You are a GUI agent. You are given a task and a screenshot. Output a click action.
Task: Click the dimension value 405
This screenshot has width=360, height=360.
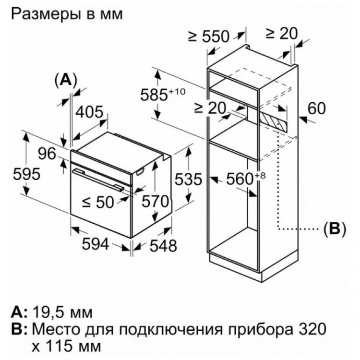[x=90, y=112]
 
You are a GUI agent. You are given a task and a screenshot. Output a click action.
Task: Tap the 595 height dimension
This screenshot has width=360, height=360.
[x=26, y=174]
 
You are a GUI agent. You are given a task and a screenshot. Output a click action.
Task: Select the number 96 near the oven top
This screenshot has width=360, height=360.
[x=47, y=154]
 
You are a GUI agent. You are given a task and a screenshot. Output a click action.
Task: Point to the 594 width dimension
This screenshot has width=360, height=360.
[x=96, y=244]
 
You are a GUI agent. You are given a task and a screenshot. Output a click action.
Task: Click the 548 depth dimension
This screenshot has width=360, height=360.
[x=163, y=246]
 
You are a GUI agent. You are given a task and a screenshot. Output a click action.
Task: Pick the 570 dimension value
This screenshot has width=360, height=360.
[x=155, y=202]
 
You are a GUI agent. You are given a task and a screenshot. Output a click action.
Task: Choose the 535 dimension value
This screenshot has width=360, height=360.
[x=189, y=179]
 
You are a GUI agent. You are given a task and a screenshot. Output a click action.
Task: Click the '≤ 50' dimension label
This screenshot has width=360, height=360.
[x=98, y=203]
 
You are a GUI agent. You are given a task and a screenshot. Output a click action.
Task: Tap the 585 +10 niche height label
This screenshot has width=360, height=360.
[x=163, y=95]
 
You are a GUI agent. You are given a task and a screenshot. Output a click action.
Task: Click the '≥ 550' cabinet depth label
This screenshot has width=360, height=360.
[x=209, y=36]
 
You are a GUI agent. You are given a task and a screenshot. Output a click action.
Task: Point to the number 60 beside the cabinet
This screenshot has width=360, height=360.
[x=317, y=108]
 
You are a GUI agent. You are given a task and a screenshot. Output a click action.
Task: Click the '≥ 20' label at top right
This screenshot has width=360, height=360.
[x=281, y=34]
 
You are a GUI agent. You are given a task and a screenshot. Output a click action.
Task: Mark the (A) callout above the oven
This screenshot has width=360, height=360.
[x=66, y=81]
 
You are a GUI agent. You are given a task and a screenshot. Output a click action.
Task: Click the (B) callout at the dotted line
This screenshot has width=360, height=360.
[x=334, y=228]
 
